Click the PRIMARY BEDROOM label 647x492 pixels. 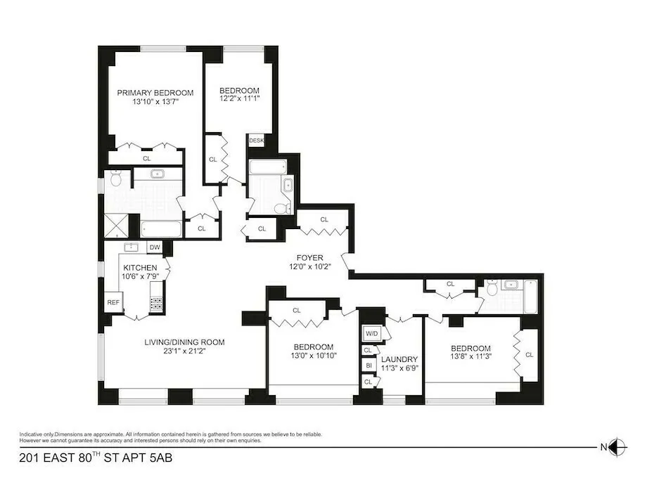tap(155, 92)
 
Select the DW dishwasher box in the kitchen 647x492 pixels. tap(155, 247)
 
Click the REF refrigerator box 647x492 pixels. tap(113, 302)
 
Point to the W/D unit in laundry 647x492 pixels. tap(371, 333)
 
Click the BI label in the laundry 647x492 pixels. tap(368, 365)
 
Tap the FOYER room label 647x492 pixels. tap(310, 258)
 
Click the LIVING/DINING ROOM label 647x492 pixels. tap(184, 342)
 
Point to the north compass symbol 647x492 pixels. tap(616, 446)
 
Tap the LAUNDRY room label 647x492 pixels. tap(399, 358)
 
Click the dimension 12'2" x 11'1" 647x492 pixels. tap(239, 101)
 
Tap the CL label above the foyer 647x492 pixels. tap(324, 219)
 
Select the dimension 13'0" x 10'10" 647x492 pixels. tap(313, 356)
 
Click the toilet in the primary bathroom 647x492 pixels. tap(116, 180)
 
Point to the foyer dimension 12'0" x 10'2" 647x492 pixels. tap(310, 267)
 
